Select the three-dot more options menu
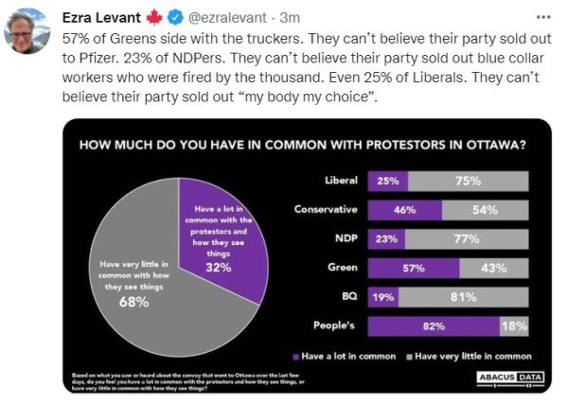coord(542,16)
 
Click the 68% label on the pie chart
coord(133,301)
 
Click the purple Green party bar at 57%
coord(414,268)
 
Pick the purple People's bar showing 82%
coord(435,326)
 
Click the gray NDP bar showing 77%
coord(467,239)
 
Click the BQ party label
coord(347,297)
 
